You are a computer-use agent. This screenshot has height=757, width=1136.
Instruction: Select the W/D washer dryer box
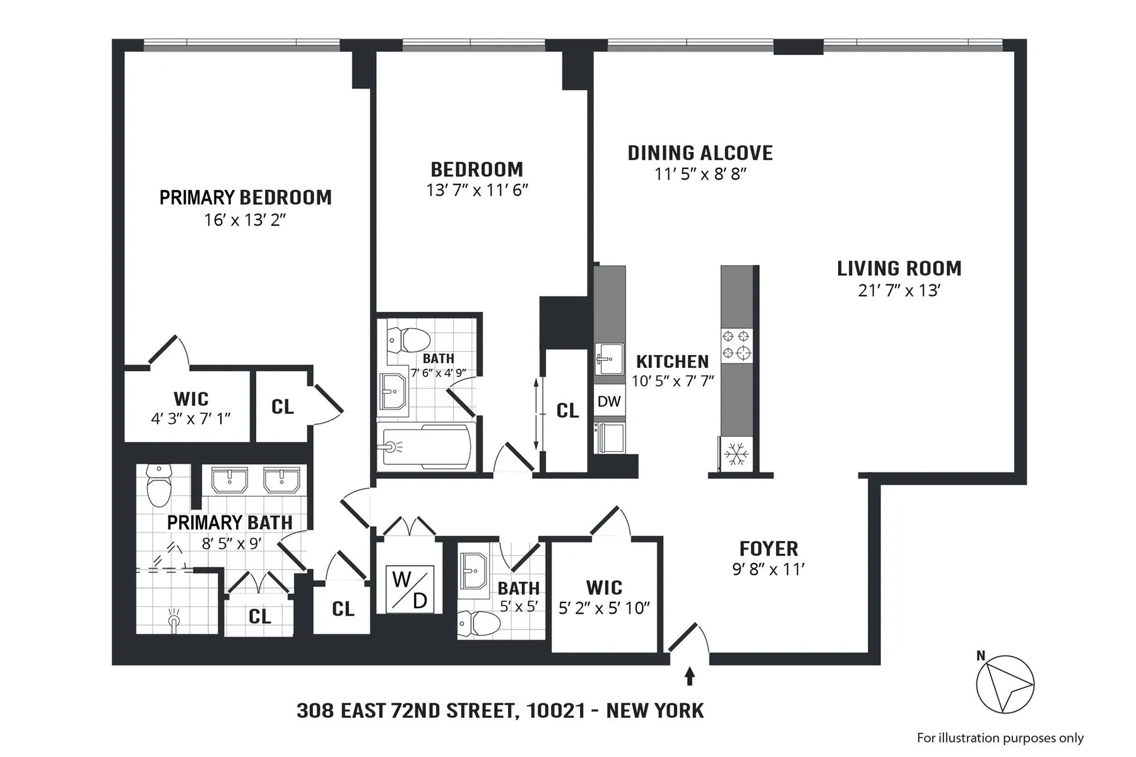(x=410, y=589)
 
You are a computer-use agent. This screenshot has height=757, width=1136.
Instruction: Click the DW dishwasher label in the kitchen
(x=609, y=401)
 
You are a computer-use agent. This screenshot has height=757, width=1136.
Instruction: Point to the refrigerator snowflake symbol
(x=736, y=453)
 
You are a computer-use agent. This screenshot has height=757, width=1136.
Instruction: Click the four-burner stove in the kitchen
(x=737, y=345)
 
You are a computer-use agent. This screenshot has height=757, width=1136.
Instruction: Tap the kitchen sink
(x=608, y=359)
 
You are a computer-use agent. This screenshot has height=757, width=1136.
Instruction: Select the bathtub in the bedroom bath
(x=426, y=447)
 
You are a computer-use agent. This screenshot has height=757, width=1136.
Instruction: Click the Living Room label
(x=899, y=269)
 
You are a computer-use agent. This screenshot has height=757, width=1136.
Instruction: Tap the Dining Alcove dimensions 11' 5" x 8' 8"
(x=701, y=173)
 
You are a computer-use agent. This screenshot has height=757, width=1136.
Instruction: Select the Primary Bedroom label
(x=246, y=197)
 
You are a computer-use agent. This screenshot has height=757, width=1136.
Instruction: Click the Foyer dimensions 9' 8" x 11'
(x=768, y=569)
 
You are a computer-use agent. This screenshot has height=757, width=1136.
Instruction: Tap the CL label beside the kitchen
(x=567, y=411)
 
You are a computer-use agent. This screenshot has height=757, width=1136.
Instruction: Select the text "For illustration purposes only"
(x=1000, y=737)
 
